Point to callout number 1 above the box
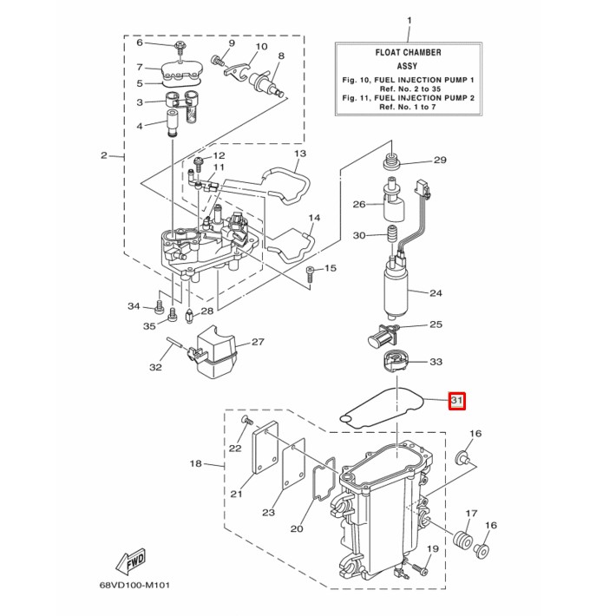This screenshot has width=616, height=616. [x=410, y=20]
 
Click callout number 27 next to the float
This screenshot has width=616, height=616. [x=258, y=342]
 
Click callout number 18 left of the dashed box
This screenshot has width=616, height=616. [x=196, y=464]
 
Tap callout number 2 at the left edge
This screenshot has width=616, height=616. [x=103, y=156]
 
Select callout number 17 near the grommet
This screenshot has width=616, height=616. [x=472, y=514]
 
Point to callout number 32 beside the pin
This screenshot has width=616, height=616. [x=155, y=368]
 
